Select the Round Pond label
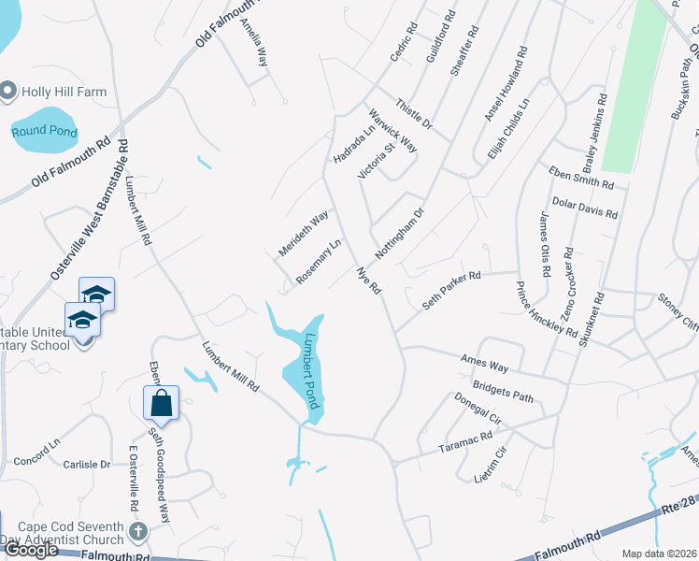tap(44, 132)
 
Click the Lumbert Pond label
tap(313, 372)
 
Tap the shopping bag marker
tap(162, 403)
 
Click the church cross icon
tap(138, 532)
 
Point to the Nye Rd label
tap(369, 280)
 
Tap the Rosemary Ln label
tap(319, 262)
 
